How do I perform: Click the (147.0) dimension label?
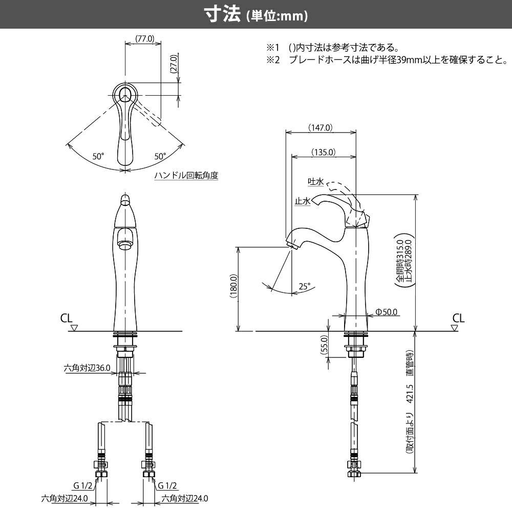[321, 127]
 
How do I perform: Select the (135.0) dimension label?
[323, 152]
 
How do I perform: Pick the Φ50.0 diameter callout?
[387, 311]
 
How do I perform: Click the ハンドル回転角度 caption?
[186, 175]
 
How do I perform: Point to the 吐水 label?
[315, 182]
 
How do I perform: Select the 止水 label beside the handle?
[302, 201]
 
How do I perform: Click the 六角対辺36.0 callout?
[87, 368]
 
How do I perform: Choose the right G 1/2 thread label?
[167, 485]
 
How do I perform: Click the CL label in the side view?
[458, 318]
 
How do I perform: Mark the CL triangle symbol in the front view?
[74, 327]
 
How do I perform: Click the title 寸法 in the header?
[222, 15]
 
